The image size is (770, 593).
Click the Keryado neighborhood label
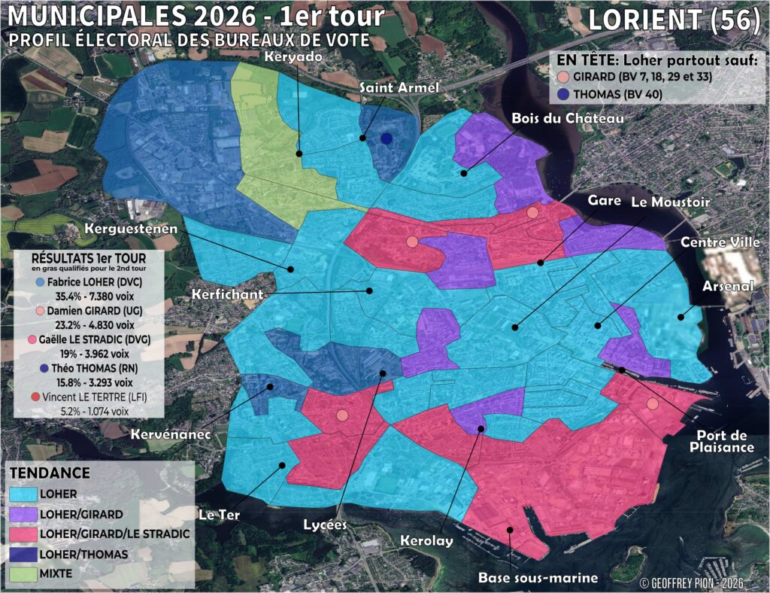[293, 57]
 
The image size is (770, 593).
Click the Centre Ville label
[720, 242]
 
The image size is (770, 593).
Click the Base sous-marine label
[538, 578]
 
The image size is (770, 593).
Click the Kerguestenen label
[131, 228]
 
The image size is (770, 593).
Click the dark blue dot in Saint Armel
[387, 138]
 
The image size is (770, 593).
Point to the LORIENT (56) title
[673, 20]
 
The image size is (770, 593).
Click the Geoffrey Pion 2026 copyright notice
[691, 582]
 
